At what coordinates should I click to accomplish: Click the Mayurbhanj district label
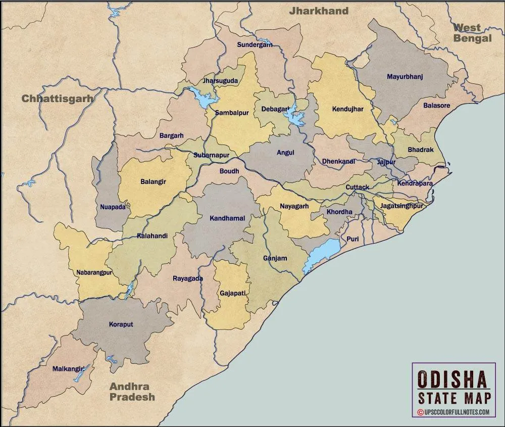pos(405,77)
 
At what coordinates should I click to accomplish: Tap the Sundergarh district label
pos(255,44)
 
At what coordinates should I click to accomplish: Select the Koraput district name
pos(121,324)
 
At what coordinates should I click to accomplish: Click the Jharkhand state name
pos(318,11)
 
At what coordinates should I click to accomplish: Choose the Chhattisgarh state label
pos(57,99)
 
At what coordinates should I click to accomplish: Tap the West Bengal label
pos(472,33)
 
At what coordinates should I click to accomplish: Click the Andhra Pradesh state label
pos(132,392)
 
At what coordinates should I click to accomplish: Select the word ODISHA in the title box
pos(453,379)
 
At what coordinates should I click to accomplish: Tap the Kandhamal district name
pos(227,218)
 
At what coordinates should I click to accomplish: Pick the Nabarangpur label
pos(94,273)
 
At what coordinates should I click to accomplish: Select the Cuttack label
pos(357,187)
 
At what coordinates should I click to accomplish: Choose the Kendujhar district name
pos(347,109)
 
